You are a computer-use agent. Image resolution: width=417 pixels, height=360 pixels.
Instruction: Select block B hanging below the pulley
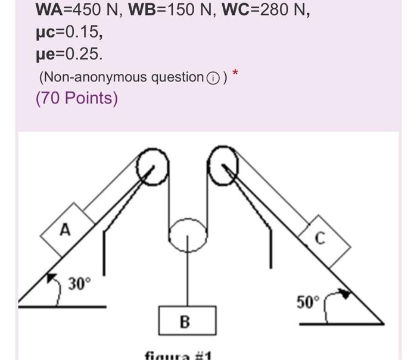186,321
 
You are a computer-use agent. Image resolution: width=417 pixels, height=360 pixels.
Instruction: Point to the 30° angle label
79,284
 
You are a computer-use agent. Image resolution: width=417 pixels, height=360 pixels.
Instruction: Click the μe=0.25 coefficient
69,54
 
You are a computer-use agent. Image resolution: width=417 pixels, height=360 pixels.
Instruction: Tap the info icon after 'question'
212,78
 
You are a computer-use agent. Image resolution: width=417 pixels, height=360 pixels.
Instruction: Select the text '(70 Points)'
77,98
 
